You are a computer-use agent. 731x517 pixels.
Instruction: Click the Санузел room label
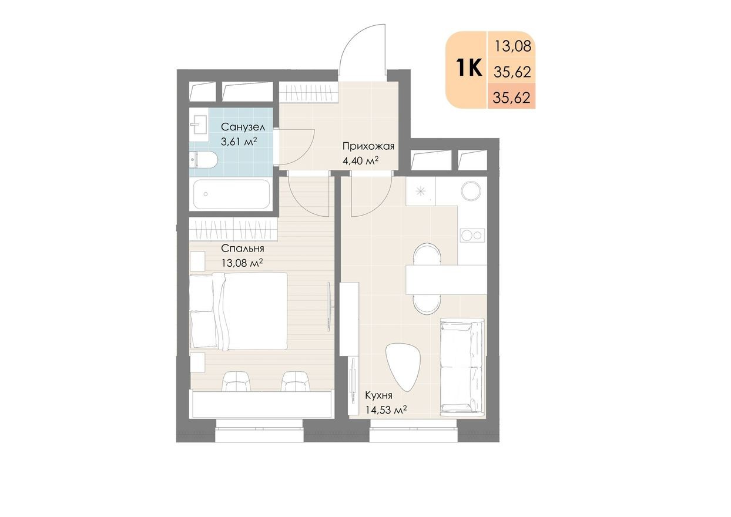point(243,126)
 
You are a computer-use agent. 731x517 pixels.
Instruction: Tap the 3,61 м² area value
point(239,142)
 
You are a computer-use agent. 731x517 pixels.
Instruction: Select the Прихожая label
point(368,146)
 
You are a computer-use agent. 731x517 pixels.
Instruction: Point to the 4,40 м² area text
point(360,160)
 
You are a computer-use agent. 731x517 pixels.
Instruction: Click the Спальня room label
point(243,249)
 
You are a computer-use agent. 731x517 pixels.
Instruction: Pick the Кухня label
point(378,395)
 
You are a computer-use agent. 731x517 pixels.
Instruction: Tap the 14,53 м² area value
point(385,410)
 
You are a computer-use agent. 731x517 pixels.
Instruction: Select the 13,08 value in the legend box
point(513,46)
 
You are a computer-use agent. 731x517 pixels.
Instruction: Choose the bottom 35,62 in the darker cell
point(512,97)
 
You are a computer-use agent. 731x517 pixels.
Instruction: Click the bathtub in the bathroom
point(232,194)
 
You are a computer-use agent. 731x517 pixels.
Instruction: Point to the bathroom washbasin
point(199,125)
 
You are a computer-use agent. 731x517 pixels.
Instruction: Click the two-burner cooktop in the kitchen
point(472,235)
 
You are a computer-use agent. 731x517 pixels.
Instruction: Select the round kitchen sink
point(471,191)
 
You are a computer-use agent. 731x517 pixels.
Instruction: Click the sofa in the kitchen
point(462,367)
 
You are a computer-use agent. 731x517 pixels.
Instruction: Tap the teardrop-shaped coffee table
point(403,365)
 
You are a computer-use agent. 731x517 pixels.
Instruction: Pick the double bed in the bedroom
point(239,311)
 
